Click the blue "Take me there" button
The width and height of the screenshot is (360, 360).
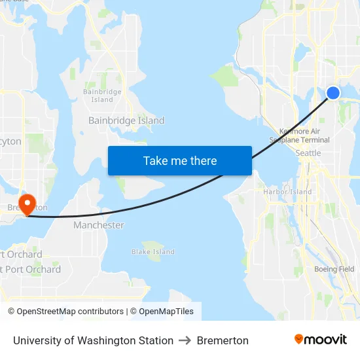tap(180, 161)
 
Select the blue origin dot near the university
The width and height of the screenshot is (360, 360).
tap(333, 93)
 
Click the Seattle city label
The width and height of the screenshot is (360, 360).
tap(308, 153)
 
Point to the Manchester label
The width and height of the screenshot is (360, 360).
tap(98, 225)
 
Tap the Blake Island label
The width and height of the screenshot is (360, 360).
tap(153, 252)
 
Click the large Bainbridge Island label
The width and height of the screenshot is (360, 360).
tap(126, 120)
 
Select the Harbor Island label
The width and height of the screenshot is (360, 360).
tap(288, 192)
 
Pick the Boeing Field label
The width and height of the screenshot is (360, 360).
tap(334, 269)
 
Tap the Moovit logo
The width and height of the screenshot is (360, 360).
tap(321, 340)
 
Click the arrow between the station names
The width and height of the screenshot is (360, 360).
tap(185, 340)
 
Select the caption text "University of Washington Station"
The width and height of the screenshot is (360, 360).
tap(93, 340)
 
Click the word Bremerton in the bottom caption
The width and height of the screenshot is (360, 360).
tap(223, 340)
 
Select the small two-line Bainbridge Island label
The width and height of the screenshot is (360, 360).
tap(102, 96)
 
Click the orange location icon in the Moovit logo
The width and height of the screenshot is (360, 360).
tap(299, 339)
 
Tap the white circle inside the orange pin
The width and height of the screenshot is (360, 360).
tap(27, 201)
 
